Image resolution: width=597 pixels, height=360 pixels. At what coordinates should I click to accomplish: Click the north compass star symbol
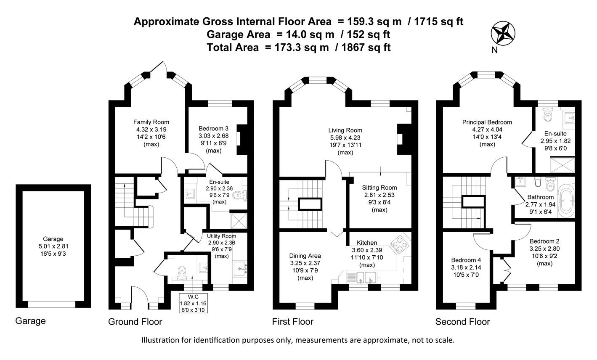click(x=504, y=33)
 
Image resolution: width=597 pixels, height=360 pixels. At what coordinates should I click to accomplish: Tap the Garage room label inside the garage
click(x=53, y=238)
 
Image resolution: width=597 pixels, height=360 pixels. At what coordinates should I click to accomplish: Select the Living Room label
click(x=345, y=130)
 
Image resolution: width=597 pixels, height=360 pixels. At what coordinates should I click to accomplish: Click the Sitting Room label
click(x=380, y=188)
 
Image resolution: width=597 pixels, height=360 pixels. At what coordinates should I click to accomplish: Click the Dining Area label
click(x=305, y=256)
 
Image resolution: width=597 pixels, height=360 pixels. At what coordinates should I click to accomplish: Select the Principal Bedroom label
click(x=487, y=122)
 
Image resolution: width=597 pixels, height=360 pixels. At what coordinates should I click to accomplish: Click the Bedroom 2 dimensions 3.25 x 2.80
click(x=544, y=249)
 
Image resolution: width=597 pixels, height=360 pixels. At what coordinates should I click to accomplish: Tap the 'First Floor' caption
click(x=293, y=322)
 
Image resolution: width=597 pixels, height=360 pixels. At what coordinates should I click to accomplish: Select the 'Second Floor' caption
click(x=462, y=322)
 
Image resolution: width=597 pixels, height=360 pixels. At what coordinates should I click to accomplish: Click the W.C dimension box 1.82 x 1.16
click(x=193, y=303)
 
